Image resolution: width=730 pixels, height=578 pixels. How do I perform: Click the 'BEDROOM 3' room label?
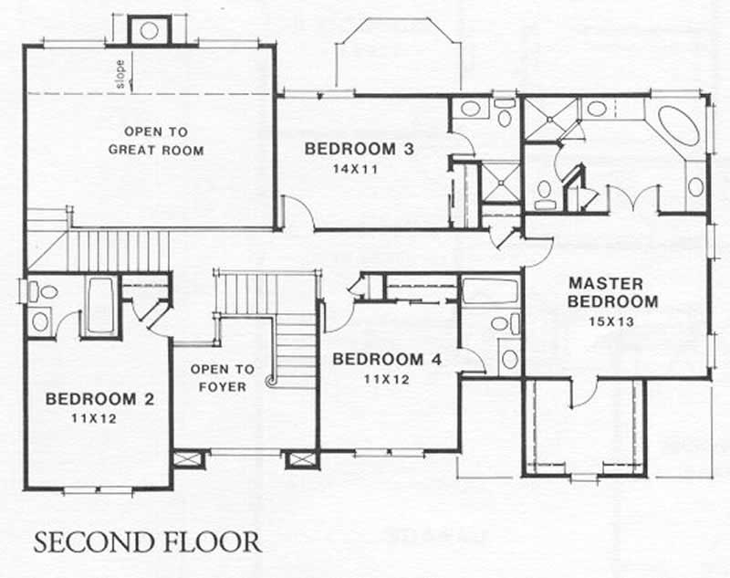coord(360,149)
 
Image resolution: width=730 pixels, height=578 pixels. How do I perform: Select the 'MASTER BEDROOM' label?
coord(612,291)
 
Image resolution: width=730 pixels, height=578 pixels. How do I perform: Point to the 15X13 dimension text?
coord(612,321)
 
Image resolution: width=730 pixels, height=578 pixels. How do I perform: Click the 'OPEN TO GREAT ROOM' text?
coord(157,140)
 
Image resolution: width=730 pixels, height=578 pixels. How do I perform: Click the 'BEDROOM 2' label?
coord(99,399)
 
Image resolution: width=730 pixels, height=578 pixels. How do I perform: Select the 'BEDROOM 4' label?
coord(387,359)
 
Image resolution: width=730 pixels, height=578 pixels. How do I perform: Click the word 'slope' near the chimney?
coord(120,74)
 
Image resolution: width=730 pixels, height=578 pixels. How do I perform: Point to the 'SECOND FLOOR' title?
coord(148,541)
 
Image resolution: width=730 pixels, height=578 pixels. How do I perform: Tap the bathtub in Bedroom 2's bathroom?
coord(100,306)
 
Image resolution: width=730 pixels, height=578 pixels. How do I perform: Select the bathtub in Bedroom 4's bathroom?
coord(490,291)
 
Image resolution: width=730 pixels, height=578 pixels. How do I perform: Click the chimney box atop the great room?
coord(149,30)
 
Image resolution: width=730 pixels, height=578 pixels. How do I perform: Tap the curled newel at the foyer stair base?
coord(270,383)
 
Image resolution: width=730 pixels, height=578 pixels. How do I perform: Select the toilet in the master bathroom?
coord(545,189)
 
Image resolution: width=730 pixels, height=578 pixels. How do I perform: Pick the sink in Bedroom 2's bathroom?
coord(41,321)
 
